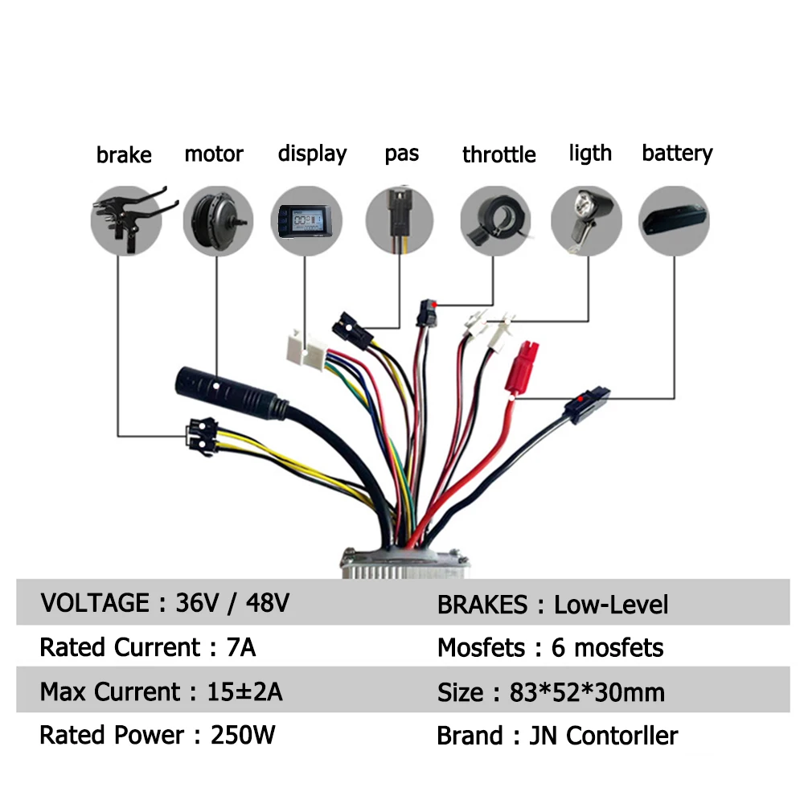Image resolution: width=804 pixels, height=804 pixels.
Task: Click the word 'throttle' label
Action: [x=498, y=154]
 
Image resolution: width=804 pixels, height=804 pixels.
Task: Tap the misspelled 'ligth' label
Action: [x=590, y=153]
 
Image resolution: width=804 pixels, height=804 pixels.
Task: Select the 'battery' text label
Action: [x=677, y=153]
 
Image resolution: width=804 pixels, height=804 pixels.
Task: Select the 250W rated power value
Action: [x=242, y=735]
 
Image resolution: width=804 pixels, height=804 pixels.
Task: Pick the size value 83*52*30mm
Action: [x=587, y=692]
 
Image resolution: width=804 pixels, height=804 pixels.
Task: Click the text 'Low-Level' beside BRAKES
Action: [x=611, y=605]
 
